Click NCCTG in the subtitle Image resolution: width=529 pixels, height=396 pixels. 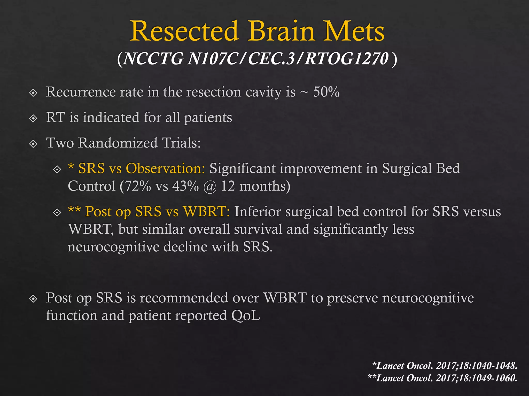coord(153,59)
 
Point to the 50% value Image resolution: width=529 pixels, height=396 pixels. coord(326,92)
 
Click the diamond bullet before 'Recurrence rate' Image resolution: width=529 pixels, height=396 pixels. coord(33,93)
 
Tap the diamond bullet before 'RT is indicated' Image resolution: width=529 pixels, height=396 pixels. coord(33,118)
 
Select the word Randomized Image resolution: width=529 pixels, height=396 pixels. coord(118,143)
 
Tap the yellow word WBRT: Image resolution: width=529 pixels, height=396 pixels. coord(206,211)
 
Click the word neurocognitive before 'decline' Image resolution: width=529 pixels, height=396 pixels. coord(113,247)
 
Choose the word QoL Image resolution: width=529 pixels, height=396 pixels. coord(246,315)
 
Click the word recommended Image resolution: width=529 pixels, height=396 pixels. coord(184,298)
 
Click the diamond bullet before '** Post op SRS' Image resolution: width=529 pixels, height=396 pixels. coord(57,213)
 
